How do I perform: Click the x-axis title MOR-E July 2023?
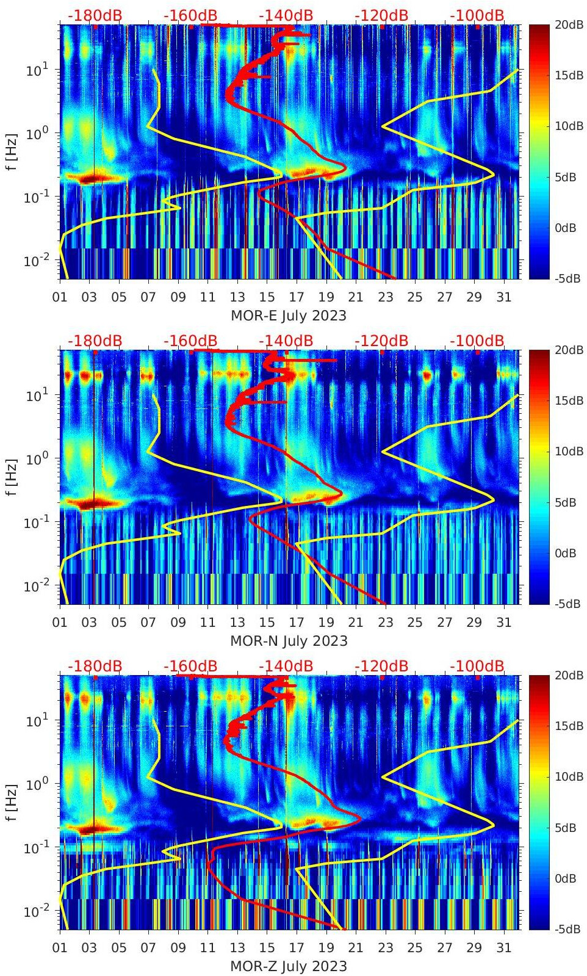click(x=289, y=316)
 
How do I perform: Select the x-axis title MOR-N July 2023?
click(x=289, y=641)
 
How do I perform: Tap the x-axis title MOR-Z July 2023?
click(x=289, y=966)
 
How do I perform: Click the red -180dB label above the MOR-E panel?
click(x=95, y=16)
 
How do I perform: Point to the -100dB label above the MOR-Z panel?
click(x=477, y=666)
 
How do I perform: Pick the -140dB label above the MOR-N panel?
click(x=286, y=341)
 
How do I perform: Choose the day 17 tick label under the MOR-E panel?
click(x=296, y=297)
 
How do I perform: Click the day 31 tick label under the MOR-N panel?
click(x=503, y=623)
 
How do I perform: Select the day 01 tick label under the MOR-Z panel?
click(x=60, y=948)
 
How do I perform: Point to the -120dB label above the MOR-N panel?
click(x=381, y=341)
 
